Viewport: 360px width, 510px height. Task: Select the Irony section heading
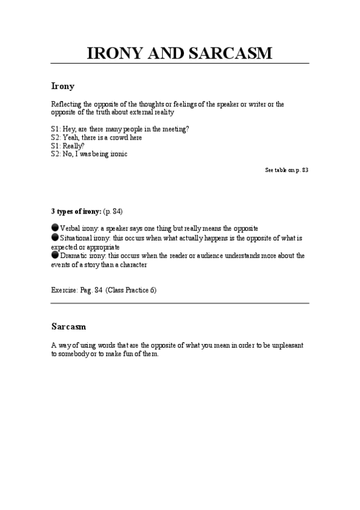click(x=63, y=86)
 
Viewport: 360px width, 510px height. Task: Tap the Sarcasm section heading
click(x=69, y=327)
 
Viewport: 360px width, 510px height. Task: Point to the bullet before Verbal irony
click(x=55, y=228)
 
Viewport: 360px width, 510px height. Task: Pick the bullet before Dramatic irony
click(x=55, y=255)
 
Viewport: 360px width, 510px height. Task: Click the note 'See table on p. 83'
click(x=287, y=170)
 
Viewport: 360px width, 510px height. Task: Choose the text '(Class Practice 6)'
click(x=131, y=290)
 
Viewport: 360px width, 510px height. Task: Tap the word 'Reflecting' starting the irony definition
click(x=66, y=104)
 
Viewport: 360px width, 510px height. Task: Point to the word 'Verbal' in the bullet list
click(x=70, y=229)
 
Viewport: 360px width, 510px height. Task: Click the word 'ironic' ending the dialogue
click(x=117, y=154)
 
